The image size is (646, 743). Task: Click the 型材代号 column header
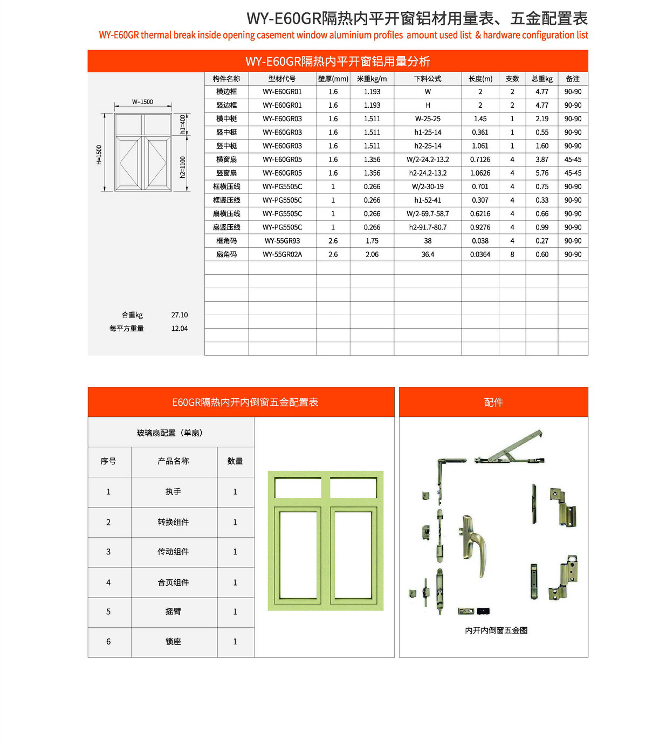pyautogui.click(x=282, y=79)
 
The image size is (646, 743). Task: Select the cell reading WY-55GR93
pyautogui.click(x=282, y=241)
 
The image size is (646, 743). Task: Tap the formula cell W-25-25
pyautogui.click(x=428, y=119)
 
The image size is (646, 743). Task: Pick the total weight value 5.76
pyautogui.click(x=542, y=173)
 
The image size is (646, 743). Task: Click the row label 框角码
pyautogui.click(x=226, y=241)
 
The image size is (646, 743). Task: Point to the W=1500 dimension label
pyautogui.click(x=142, y=102)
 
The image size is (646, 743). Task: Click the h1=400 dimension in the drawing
pyautogui.click(x=183, y=124)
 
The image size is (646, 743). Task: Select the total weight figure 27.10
pyautogui.click(x=180, y=315)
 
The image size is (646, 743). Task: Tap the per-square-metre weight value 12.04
pyautogui.click(x=180, y=329)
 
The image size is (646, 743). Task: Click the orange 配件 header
pyautogui.click(x=493, y=402)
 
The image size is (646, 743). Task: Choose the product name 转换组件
pyautogui.click(x=173, y=522)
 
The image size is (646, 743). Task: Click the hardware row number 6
pyautogui.click(x=108, y=642)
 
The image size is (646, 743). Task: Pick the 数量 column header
pyautogui.click(x=235, y=461)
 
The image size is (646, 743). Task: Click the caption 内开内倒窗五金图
pyautogui.click(x=496, y=630)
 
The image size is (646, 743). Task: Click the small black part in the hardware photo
pyautogui.click(x=483, y=611)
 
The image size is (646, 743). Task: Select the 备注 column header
pyautogui.click(x=573, y=79)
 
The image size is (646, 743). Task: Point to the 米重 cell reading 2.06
pyautogui.click(x=372, y=254)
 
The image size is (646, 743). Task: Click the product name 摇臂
pyautogui.click(x=173, y=612)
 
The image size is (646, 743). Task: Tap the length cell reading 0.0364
pyautogui.click(x=480, y=254)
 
